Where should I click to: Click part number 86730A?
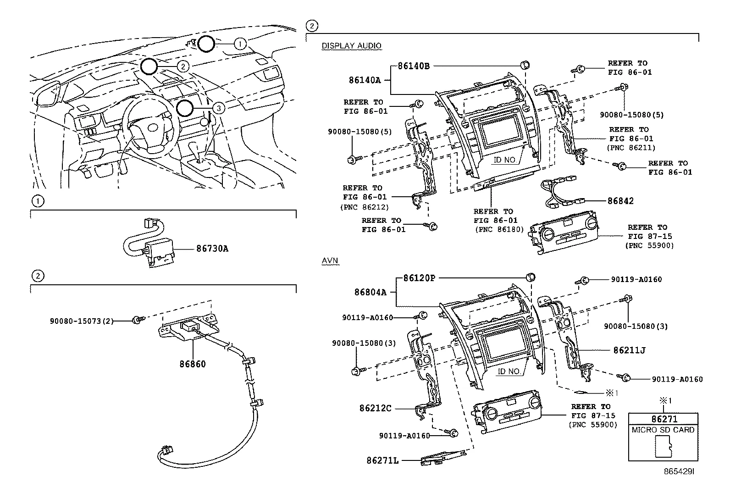click(x=212, y=249)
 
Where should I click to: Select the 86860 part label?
click(x=193, y=364)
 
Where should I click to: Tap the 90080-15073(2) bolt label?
click(x=82, y=321)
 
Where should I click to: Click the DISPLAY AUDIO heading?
click(x=351, y=45)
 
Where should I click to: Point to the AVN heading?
click(x=330, y=260)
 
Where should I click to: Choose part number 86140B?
click(x=414, y=66)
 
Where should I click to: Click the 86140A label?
click(x=365, y=80)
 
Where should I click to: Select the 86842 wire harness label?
click(x=620, y=201)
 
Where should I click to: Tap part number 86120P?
click(x=419, y=278)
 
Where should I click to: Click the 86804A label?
click(x=370, y=292)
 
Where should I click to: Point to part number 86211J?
click(x=629, y=350)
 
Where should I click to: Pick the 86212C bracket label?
click(x=376, y=408)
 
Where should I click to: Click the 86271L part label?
click(x=382, y=460)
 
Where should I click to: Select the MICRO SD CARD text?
click(x=663, y=430)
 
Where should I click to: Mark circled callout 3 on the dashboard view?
click(x=219, y=108)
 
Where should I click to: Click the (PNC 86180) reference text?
click(x=499, y=229)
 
